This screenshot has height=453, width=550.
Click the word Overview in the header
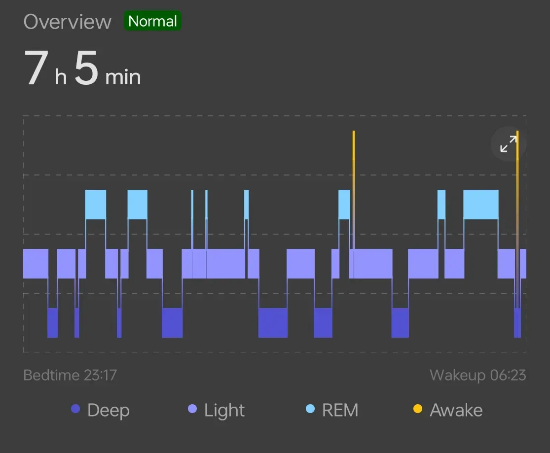(68, 22)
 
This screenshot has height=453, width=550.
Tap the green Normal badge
(152, 21)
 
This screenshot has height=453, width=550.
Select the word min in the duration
(123, 77)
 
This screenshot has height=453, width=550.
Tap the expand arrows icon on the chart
(508, 144)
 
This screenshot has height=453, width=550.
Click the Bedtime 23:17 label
(70, 375)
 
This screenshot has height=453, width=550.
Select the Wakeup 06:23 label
(477, 375)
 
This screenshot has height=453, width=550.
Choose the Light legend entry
(217, 410)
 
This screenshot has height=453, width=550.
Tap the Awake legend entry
(448, 410)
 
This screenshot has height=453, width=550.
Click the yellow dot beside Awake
(418, 409)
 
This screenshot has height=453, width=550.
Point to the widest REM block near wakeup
(480, 205)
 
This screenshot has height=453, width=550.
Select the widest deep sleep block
(273, 323)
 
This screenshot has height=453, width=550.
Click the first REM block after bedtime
(96, 205)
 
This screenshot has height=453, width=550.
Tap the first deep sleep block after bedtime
(52, 323)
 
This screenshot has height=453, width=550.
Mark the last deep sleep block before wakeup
(517, 323)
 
